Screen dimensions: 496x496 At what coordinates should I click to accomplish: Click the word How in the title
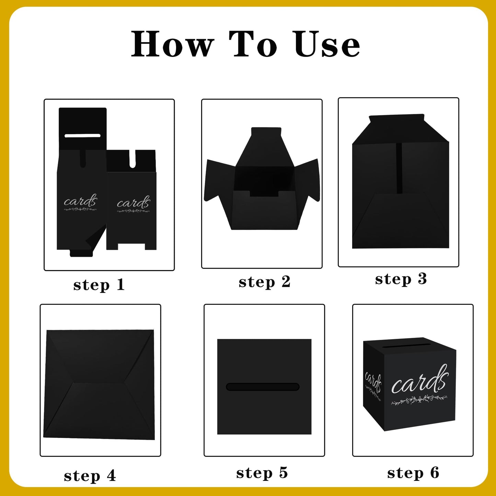[x=172, y=44]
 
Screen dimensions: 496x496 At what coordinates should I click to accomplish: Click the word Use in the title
[x=327, y=44]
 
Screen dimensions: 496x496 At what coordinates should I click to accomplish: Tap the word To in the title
[x=253, y=44]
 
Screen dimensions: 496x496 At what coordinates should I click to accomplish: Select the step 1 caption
[x=99, y=285]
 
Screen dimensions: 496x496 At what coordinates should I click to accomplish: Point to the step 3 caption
[x=401, y=279]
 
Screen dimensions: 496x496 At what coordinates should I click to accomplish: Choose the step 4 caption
[x=90, y=476]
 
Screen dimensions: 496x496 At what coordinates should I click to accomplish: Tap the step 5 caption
[x=262, y=473]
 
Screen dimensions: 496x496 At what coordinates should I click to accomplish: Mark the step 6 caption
[x=413, y=473]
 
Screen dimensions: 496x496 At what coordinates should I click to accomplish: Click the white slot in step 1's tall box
[x=82, y=136]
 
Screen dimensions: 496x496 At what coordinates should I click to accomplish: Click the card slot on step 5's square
[x=263, y=387]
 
